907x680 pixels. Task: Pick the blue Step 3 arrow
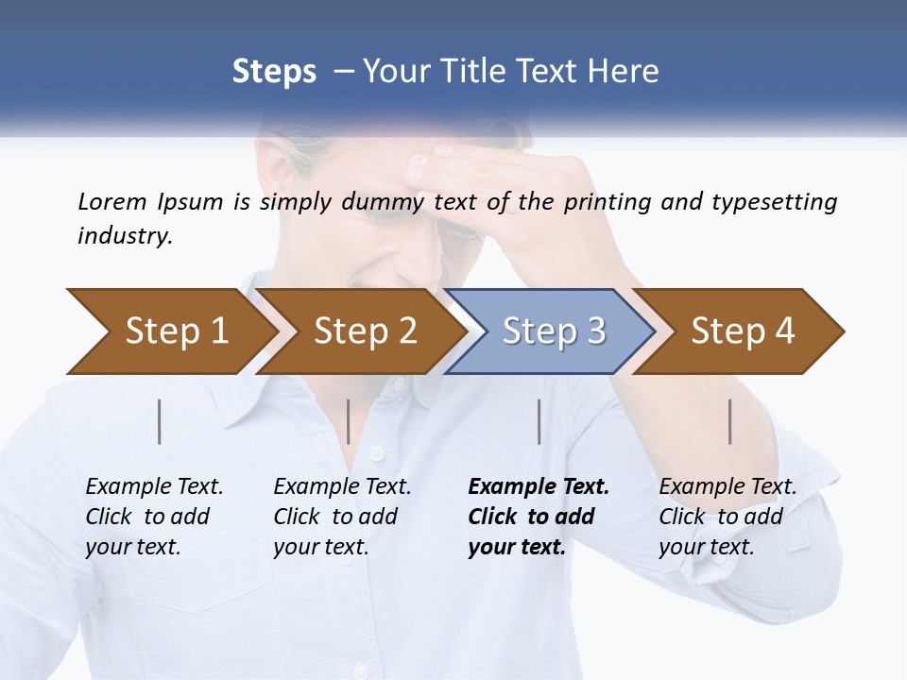pyautogui.click(x=554, y=331)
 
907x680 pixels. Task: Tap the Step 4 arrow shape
pyautogui.click(x=743, y=331)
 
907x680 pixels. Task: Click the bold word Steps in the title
pyautogui.click(x=274, y=71)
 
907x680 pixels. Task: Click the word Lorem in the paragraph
pyautogui.click(x=111, y=201)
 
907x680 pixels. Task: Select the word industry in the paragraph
pyautogui.click(x=124, y=235)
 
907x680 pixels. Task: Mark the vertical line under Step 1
pyautogui.click(x=160, y=421)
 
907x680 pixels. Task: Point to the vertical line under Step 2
pyautogui.click(x=349, y=421)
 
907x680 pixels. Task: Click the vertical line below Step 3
pyautogui.click(x=539, y=421)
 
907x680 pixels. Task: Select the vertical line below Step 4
pyautogui.click(x=730, y=421)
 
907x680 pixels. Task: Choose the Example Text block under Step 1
pyautogui.click(x=154, y=517)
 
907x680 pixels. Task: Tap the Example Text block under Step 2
pyautogui.click(x=342, y=517)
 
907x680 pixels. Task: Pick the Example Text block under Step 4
pyautogui.click(x=727, y=517)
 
